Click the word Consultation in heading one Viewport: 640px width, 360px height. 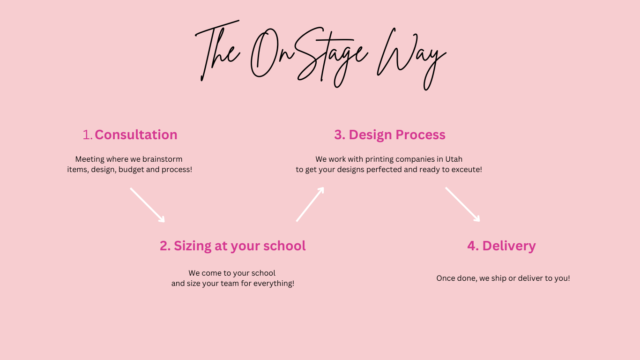[x=136, y=135]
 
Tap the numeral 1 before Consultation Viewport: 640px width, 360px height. [x=86, y=135]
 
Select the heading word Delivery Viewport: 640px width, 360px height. [x=509, y=246]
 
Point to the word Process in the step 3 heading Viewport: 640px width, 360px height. [x=421, y=135]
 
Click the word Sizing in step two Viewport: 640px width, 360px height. [x=193, y=246]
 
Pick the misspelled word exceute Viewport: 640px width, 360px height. [x=466, y=170]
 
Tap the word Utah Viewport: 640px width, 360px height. [x=454, y=159]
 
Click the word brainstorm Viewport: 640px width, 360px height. [x=162, y=159]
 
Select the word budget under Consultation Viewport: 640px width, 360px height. [x=131, y=170]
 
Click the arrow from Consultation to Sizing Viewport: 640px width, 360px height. [x=148, y=205]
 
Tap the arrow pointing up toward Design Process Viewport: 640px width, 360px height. [x=310, y=204]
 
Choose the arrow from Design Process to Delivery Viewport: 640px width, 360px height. [x=462, y=204]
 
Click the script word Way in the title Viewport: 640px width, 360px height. [x=411, y=59]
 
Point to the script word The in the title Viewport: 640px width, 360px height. [x=217, y=51]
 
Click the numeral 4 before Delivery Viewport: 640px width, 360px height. [x=473, y=246]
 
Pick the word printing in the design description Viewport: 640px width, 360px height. [x=380, y=159]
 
